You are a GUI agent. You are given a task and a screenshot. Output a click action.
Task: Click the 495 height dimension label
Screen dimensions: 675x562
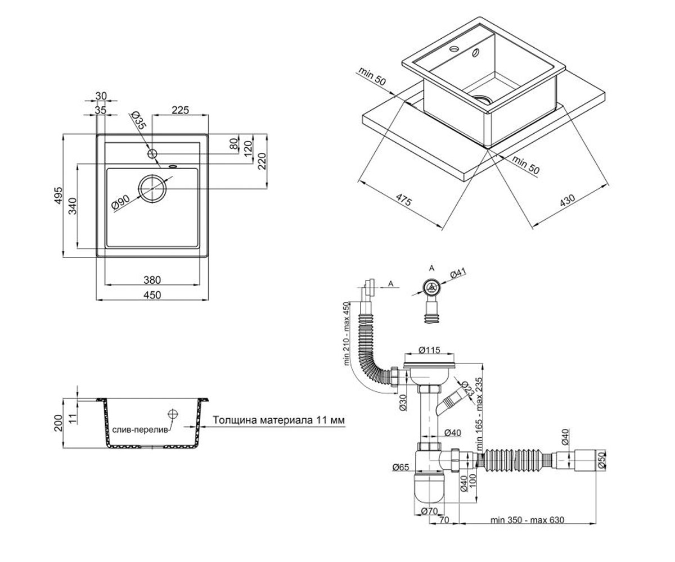(x=58, y=195)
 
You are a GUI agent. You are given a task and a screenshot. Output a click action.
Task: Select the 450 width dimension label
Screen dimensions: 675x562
(x=152, y=295)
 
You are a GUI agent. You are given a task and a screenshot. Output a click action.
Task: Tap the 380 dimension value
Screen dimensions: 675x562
(x=152, y=280)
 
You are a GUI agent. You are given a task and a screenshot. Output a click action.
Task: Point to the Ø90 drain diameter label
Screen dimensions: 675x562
(x=120, y=203)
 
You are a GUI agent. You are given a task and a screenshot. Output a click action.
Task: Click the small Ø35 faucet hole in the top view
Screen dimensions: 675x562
(x=152, y=154)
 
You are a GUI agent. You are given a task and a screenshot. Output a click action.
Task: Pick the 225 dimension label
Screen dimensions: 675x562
(x=180, y=111)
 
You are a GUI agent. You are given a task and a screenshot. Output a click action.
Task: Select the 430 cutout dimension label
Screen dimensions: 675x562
(x=568, y=200)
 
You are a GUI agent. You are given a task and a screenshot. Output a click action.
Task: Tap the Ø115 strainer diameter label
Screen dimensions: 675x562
(x=429, y=350)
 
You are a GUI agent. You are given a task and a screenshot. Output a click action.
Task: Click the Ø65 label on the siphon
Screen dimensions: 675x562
(x=401, y=466)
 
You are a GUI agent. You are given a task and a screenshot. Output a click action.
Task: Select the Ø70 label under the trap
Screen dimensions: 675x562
(x=429, y=511)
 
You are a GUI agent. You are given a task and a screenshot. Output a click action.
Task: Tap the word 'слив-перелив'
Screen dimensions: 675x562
(x=141, y=430)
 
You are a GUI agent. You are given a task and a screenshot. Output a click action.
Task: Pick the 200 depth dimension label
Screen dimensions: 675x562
(x=58, y=423)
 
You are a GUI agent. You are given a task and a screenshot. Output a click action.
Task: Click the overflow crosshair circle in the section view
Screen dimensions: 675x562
(x=173, y=414)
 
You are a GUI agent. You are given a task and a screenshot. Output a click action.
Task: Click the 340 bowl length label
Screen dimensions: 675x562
(x=73, y=206)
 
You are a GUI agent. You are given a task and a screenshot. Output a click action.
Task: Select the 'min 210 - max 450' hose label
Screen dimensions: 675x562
(x=346, y=334)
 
